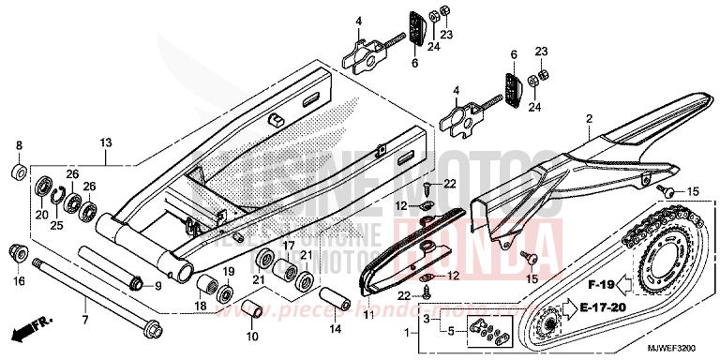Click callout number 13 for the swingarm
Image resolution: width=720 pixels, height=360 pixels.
pyautogui.click(x=106, y=142)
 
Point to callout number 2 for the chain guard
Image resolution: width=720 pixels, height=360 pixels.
pyautogui.click(x=589, y=120)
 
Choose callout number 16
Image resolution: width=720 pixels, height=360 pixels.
pyautogui.click(x=19, y=280)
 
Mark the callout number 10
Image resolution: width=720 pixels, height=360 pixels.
pyautogui.click(x=251, y=336)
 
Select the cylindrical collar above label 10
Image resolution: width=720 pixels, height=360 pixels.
pyautogui.click(x=252, y=307)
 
